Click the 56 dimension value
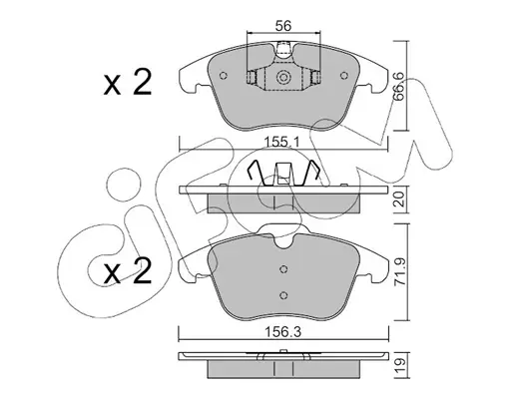[x=283, y=25]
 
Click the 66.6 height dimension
[x=398, y=87]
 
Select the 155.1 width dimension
[x=282, y=143]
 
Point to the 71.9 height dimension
[x=400, y=272]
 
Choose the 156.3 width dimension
[x=282, y=332]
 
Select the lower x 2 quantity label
[x=128, y=271]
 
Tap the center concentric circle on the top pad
[x=283, y=78]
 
